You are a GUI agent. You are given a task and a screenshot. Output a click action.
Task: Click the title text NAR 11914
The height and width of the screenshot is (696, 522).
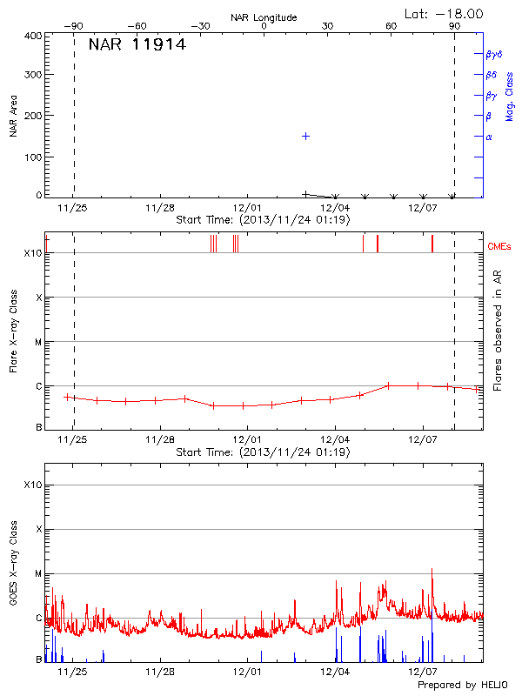(x=137, y=45)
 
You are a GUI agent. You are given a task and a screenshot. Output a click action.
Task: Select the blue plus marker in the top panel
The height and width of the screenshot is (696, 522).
(x=305, y=137)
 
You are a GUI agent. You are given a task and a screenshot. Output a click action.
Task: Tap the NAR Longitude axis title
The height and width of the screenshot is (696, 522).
(x=264, y=17)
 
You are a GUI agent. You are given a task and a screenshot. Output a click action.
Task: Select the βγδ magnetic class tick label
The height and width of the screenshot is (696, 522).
(x=494, y=54)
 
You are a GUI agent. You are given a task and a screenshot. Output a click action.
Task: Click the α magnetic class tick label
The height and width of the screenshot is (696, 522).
(x=489, y=137)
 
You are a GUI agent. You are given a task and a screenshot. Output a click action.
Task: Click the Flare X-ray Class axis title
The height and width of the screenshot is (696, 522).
(x=14, y=331)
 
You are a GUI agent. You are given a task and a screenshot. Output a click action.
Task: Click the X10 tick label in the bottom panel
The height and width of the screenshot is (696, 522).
(x=33, y=485)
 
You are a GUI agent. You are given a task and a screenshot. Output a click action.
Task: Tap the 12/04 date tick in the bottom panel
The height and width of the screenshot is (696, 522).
(x=336, y=673)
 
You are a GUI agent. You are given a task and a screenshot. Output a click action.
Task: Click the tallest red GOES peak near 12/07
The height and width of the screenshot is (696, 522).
(x=432, y=570)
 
